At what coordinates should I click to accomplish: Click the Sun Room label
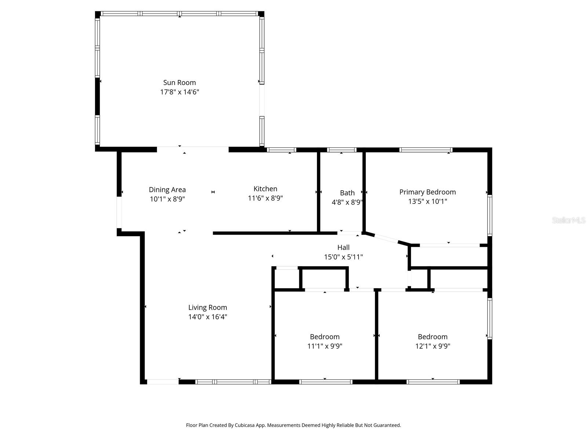click(x=179, y=82)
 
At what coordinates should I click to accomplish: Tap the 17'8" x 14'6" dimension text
click(x=179, y=92)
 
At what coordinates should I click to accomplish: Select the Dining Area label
click(x=167, y=190)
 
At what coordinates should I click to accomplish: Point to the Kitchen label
click(x=265, y=189)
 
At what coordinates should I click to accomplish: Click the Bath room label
click(x=347, y=193)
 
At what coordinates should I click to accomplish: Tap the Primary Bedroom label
click(x=427, y=192)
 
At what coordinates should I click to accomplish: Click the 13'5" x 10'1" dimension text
click(x=427, y=201)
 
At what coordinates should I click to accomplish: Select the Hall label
click(x=343, y=247)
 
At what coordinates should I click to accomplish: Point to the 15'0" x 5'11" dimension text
click(x=343, y=257)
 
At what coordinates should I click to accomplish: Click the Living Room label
click(x=208, y=308)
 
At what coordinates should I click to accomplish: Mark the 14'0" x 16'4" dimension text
click(x=208, y=317)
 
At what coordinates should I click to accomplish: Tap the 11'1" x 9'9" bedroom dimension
click(x=325, y=346)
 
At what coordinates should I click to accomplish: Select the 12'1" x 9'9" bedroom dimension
click(x=433, y=346)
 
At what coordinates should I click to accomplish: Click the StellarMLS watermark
click(x=569, y=220)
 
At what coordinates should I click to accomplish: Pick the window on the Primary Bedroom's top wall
click(x=426, y=150)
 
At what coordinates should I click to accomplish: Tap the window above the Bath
click(x=342, y=150)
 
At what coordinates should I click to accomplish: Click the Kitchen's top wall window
click(x=281, y=150)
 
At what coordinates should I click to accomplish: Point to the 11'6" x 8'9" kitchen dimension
click(x=265, y=198)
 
